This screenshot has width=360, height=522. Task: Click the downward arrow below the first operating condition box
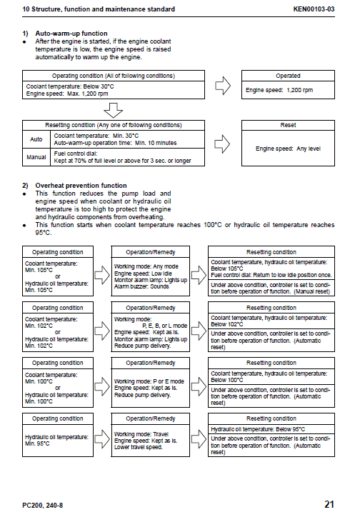(114, 110)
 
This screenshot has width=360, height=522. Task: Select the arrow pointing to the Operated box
(222, 86)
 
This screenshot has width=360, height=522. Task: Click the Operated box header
(287, 75)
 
